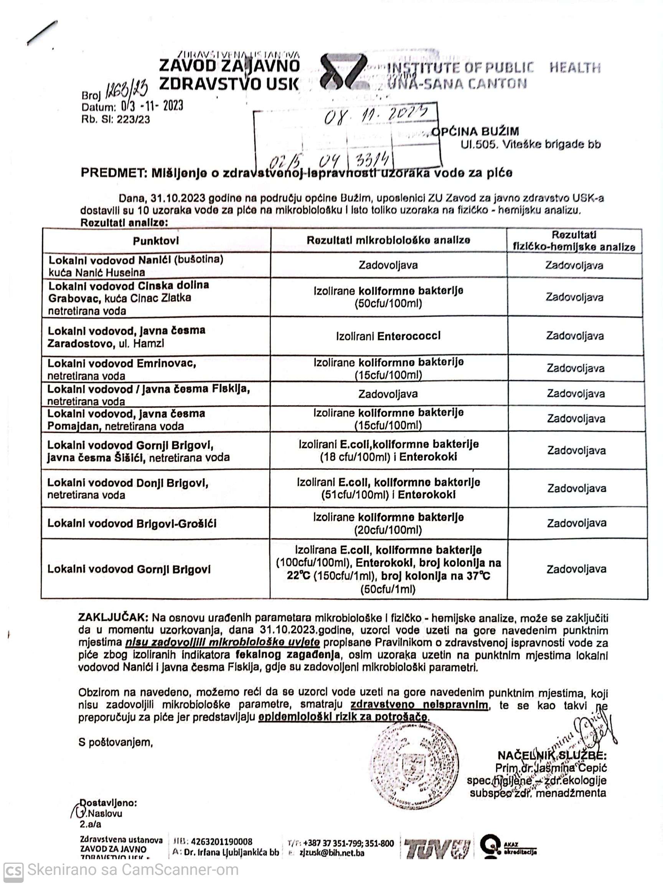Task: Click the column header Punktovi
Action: (156, 241)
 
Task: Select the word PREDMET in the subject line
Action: (113, 173)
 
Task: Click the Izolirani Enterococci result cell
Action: (388, 336)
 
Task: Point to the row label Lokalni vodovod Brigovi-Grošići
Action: (132, 523)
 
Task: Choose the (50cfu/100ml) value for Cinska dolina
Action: (388, 303)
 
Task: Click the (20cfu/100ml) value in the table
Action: (388, 530)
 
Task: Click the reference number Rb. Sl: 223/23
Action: (115, 119)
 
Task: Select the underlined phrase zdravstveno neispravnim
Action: (419, 705)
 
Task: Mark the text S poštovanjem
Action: (115, 742)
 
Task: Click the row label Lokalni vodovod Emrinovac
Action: (121, 363)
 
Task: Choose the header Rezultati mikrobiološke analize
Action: (388, 240)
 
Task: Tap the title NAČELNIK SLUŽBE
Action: (552, 755)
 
